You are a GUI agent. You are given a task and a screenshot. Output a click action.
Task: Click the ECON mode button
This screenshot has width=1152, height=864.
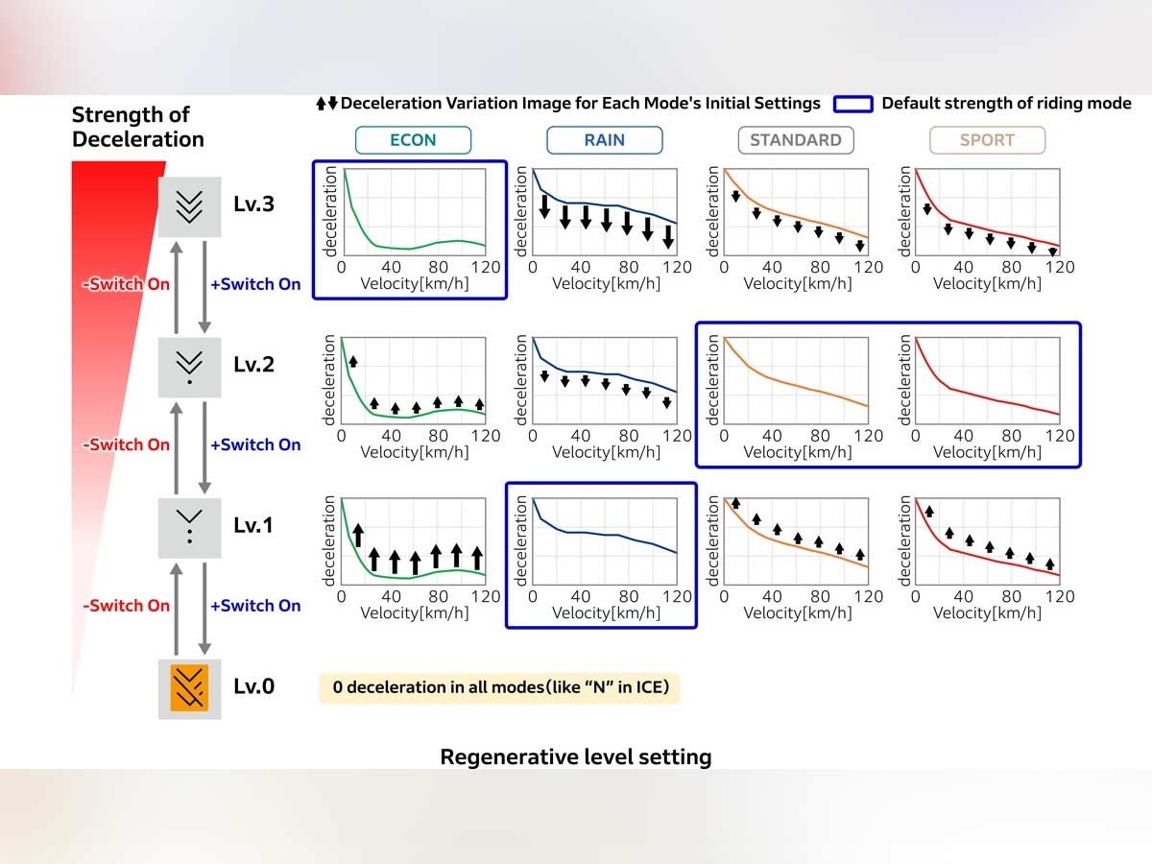point(413,140)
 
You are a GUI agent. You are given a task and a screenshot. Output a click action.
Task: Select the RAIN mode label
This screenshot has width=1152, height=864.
point(605,140)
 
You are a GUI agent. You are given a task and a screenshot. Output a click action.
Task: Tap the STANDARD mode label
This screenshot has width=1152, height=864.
point(795,140)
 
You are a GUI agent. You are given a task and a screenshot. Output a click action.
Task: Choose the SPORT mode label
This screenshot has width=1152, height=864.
point(987,140)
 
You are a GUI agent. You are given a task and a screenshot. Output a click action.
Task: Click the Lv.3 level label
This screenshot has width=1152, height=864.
point(253,204)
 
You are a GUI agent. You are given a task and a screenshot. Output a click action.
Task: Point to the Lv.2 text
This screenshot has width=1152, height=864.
point(253,365)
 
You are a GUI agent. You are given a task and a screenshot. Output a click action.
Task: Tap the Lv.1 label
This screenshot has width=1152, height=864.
point(253,526)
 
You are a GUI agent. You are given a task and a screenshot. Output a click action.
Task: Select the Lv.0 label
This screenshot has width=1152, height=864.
point(253,686)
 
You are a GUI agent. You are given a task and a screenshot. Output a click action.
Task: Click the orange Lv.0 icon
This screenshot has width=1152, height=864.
point(190,687)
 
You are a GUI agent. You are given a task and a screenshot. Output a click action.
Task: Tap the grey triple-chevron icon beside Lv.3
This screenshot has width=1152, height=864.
point(190,205)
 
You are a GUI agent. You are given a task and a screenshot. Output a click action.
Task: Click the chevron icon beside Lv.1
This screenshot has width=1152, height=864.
point(190,526)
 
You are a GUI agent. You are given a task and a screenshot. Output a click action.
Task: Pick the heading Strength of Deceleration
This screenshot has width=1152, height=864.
point(138,128)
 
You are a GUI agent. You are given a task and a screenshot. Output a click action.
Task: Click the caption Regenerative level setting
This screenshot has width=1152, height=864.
point(576,756)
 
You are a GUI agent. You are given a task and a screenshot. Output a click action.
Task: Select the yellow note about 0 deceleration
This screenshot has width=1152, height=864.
point(499,687)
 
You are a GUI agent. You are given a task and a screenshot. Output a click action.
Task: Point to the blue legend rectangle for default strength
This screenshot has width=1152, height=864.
point(852,104)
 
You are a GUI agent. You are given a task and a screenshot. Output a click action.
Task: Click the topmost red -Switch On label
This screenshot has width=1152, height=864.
point(129,284)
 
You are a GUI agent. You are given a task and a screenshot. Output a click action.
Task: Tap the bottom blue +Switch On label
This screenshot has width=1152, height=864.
point(255,606)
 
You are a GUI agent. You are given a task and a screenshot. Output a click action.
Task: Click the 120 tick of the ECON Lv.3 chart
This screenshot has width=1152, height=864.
point(486,267)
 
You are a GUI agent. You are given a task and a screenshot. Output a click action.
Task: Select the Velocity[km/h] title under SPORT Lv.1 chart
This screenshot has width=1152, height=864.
point(987,612)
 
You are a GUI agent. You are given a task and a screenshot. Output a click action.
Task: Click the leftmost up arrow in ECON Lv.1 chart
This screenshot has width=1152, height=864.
point(358,535)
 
